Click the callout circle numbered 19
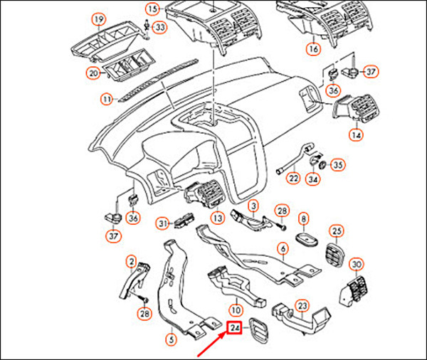tap(98, 18)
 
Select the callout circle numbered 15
tap(153, 9)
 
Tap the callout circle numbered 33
tap(159, 27)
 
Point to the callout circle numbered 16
tap(313, 50)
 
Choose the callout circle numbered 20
tap(93, 72)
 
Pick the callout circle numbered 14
tap(356, 134)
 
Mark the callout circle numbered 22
tap(292, 178)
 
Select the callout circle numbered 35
tap(338, 164)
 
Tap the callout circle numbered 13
tap(218, 217)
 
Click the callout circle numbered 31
tap(162, 223)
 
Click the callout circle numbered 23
tap(302, 306)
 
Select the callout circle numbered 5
tap(169, 340)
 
